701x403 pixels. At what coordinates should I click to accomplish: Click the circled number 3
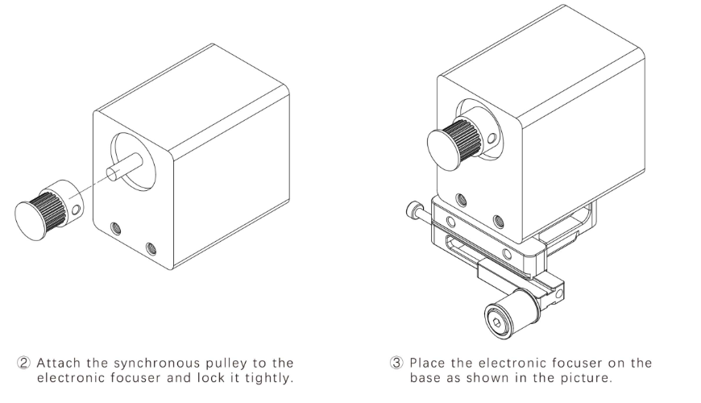399,363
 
